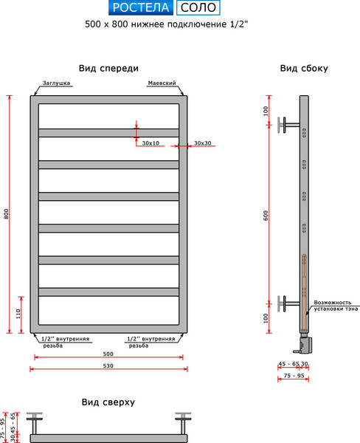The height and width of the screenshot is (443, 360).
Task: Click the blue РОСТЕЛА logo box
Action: click(x=141, y=8)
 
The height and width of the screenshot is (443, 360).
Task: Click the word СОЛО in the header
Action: click(x=198, y=8)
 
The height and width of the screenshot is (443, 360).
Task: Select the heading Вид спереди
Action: click(x=108, y=68)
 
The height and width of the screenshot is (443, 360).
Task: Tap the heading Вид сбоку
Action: click(x=304, y=68)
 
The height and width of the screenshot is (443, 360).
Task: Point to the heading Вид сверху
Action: click(x=108, y=402)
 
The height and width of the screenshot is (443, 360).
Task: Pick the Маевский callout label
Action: click(x=161, y=83)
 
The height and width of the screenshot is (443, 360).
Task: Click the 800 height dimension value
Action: click(x=7, y=214)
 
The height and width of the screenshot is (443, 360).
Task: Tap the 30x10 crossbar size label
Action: click(x=150, y=142)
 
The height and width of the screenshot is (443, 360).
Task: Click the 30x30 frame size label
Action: click(x=203, y=142)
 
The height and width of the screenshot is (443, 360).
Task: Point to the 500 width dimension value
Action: click(x=108, y=354)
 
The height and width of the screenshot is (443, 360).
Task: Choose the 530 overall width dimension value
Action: click(x=108, y=365)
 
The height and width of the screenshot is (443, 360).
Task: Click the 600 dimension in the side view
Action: click(x=265, y=214)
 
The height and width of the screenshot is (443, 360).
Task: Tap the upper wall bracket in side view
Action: click(x=288, y=124)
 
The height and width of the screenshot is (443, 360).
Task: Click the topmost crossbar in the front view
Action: click(x=108, y=133)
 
